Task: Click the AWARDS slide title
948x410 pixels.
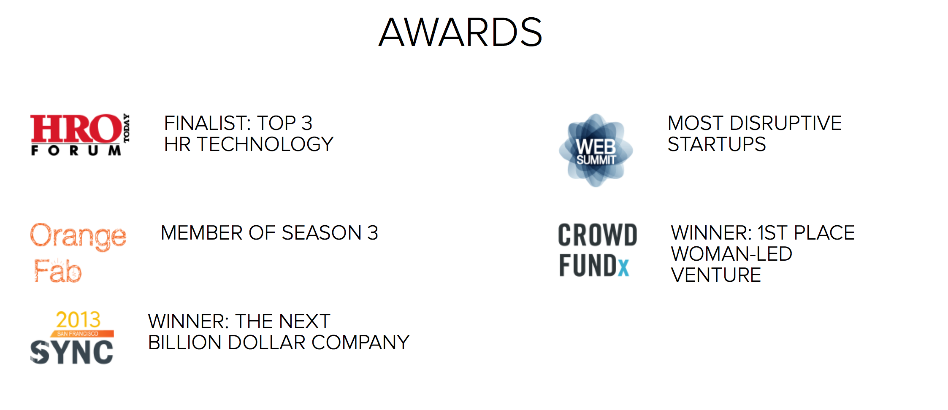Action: point(460,32)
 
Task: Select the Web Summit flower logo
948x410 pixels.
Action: point(596,150)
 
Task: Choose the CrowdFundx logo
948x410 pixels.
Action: point(598,250)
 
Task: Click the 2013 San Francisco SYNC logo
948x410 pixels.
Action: point(72,337)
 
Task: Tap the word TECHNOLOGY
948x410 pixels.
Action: point(265,144)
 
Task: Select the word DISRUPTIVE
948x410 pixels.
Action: point(785,123)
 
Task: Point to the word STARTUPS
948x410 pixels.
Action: point(717,144)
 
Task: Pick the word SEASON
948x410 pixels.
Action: point(322,233)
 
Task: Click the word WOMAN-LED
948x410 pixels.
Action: point(731,254)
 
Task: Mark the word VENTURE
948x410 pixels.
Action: point(716,275)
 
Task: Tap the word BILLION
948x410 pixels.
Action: point(184,343)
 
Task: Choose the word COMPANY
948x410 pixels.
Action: point(360,343)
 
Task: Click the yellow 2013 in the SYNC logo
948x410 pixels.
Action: point(78,320)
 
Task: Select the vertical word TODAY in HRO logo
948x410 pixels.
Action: point(127,128)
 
